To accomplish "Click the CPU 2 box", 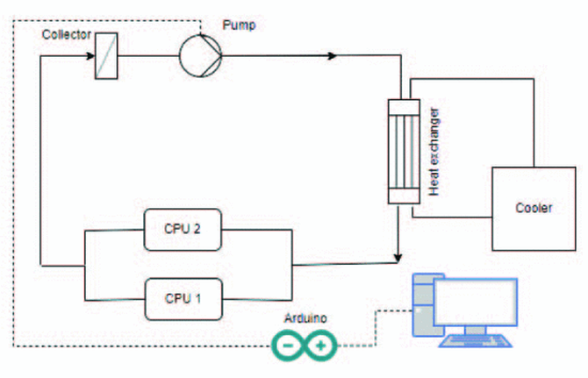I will [x=183, y=230].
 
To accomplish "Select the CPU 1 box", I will [x=183, y=296].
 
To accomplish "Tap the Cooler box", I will [x=534, y=209].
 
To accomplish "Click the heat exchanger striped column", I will [x=400, y=153].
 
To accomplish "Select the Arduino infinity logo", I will [x=305, y=346].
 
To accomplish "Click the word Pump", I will [x=239, y=25].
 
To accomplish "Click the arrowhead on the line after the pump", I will [x=332, y=56].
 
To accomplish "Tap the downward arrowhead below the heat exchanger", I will [x=399, y=256].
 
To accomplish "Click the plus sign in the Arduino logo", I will [x=320, y=346].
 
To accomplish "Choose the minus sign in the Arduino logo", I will [x=289, y=346].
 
